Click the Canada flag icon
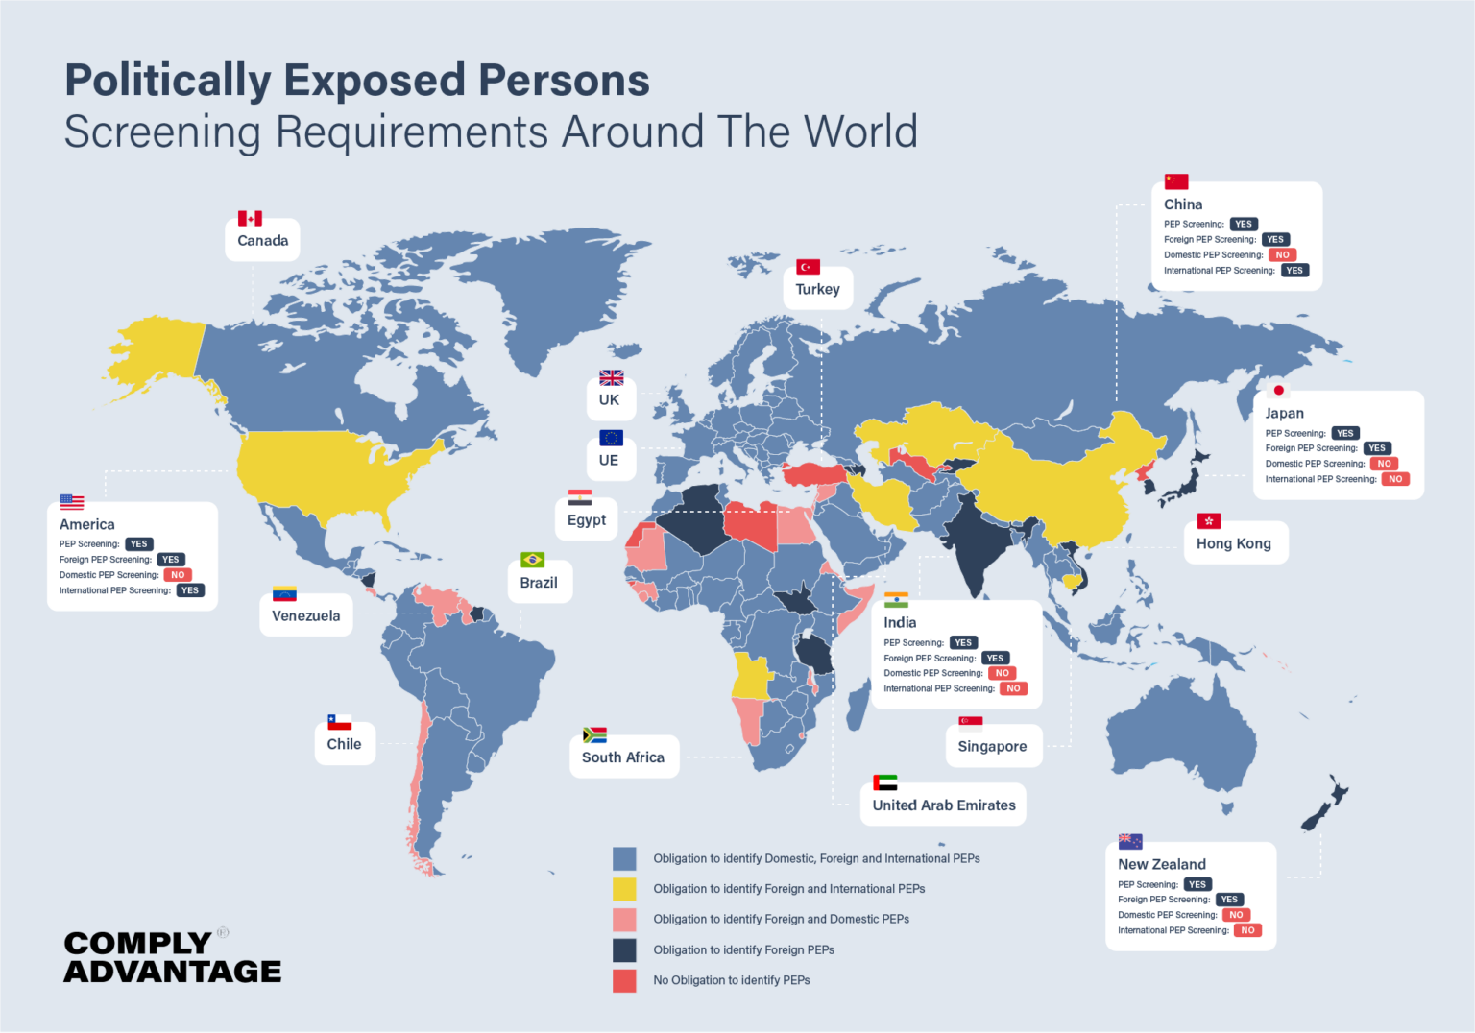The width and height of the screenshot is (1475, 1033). [x=250, y=219]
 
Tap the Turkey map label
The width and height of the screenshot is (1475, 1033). [x=817, y=289]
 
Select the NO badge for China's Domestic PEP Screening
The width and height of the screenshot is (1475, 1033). [x=1282, y=255]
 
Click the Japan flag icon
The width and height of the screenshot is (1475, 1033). [x=1278, y=391]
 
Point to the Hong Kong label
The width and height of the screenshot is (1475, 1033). [x=1233, y=543]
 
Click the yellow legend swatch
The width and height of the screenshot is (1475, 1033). [x=624, y=889]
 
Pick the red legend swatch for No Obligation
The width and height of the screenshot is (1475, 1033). [x=624, y=980]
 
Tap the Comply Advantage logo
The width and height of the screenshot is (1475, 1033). [x=172, y=957]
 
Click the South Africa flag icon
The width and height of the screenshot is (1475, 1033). [x=594, y=735]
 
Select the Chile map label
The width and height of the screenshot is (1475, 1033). [x=344, y=744]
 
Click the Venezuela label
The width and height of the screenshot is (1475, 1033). [x=305, y=615]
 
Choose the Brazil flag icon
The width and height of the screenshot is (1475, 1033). [x=532, y=560]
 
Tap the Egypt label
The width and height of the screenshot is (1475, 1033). [x=586, y=519]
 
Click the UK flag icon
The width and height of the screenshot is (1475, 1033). [x=611, y=378]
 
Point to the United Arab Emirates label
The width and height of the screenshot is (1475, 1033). [x=943, y=805]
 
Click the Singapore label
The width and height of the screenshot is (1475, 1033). [x=992, y=746]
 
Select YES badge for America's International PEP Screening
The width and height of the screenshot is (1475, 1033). [x=190, y=590]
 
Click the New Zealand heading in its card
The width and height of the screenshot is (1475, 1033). [x=1161, y=864]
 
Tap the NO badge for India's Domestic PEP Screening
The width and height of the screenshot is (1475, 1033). [x=1002, y=673]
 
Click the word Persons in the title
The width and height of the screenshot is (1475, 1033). [x=564, y=81]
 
